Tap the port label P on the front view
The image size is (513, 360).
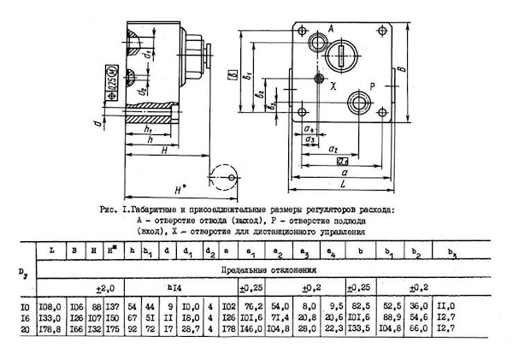373,86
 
